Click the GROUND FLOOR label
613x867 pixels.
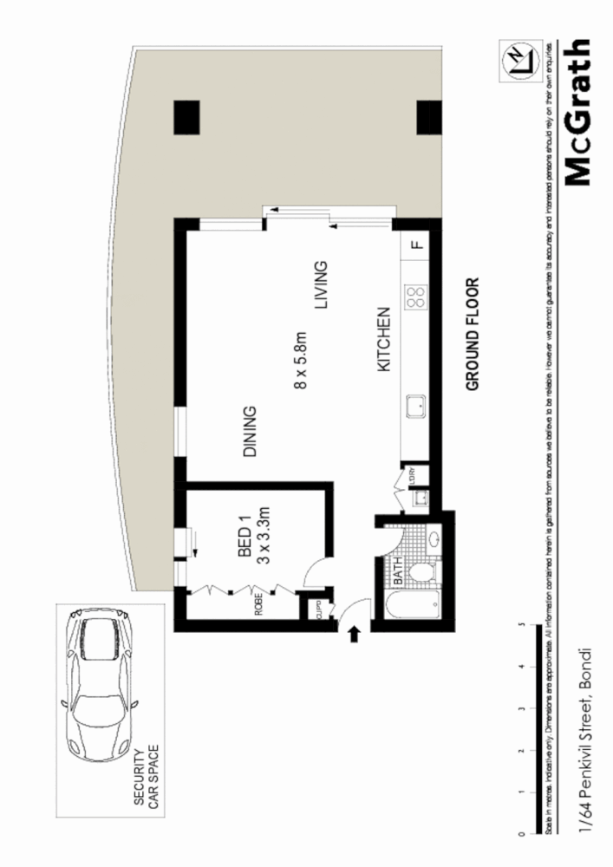(473, 335)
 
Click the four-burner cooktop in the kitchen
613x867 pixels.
(416, 297)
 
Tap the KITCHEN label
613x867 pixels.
(385, 342)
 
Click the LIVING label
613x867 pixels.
(322, 286)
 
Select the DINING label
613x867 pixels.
(251, 431)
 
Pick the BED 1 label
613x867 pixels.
(245, 538)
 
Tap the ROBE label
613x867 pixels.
(258, 603)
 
